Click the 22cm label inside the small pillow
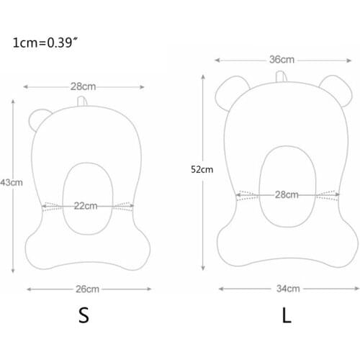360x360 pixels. pyautogui.click(x=85, y=205)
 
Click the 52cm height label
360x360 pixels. pyautogui.click(x=202, y=170)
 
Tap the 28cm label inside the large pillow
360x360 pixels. pyautogui.click(x=287, y=194)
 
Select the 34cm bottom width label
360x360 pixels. pyautogui.click(x=287, y=289)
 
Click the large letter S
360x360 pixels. pyautogui.click(x=84, y=317)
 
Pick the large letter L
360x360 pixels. pyautogui.click(x=287, y=316)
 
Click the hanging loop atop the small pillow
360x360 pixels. pyautogui.click(x=87, y=102)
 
